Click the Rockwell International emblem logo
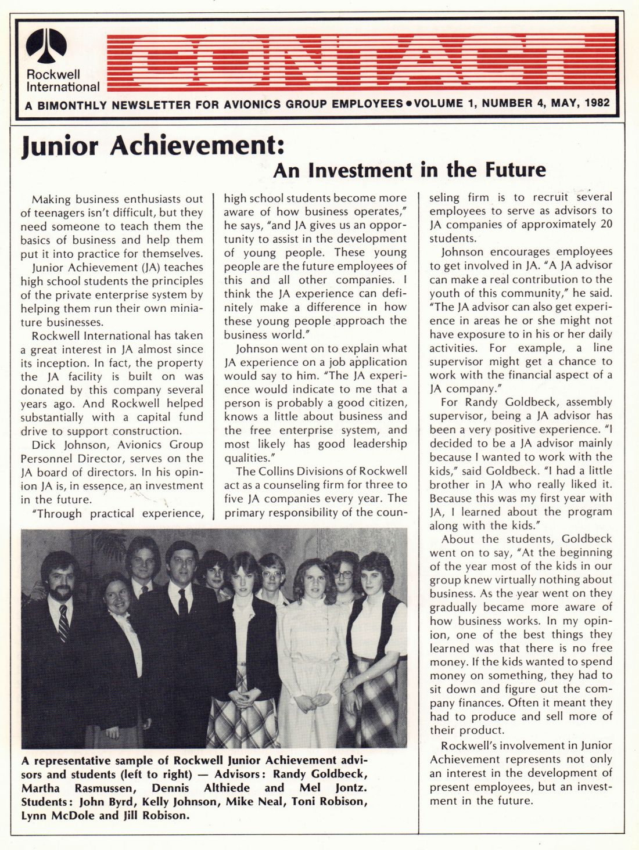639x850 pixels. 46,45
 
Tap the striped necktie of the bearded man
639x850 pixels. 63,623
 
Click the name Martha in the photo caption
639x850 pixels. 41,788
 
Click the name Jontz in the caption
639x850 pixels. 351,788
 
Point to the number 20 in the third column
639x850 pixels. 606,224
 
